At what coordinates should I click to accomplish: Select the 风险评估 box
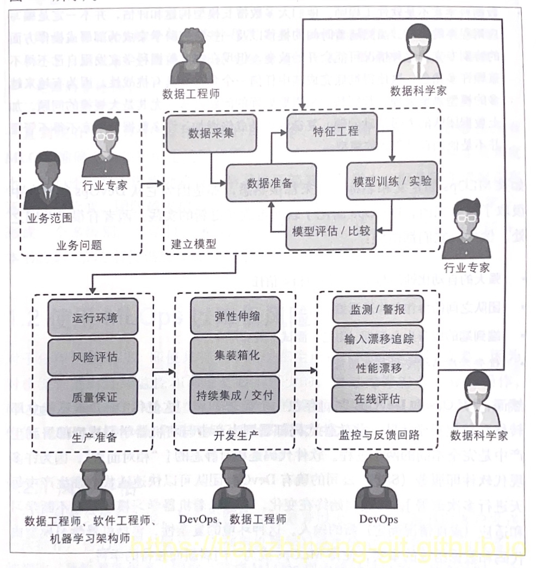95,358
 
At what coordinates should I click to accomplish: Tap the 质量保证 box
95,397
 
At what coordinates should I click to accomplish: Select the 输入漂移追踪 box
377,340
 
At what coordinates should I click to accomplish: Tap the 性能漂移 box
377,369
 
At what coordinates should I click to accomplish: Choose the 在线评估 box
377,399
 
